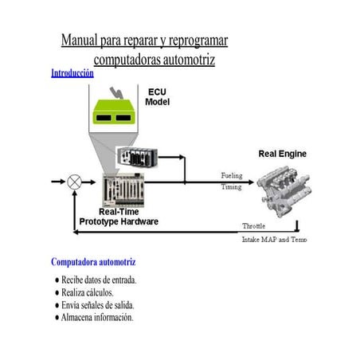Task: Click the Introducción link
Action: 72,73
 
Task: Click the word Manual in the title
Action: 80,40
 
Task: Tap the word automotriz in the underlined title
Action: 189,60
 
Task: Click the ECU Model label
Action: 157,97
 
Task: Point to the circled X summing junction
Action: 74,182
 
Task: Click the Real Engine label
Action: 283,154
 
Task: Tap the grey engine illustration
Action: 284,191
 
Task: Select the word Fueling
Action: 232,175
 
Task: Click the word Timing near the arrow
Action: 232,187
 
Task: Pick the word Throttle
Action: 254,226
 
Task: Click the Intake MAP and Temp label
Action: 275,240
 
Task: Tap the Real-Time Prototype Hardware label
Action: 119,217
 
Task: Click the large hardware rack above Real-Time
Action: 123,190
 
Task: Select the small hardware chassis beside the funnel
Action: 138,157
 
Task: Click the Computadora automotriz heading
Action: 93,262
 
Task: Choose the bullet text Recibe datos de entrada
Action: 99,280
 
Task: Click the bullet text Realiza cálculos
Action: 88,292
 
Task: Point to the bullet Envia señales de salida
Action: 98,305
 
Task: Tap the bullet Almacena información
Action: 97,318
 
